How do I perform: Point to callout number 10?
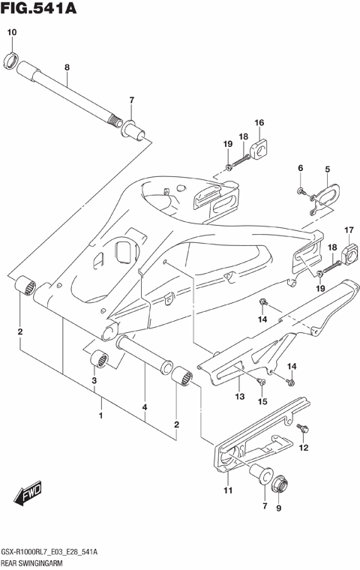click(11, 32)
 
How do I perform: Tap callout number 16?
click(259, 123)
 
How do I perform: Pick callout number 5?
click(327, 169)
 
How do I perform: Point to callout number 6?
click(300, 169)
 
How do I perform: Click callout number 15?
click(262, 403)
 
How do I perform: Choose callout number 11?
click(227, 490)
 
